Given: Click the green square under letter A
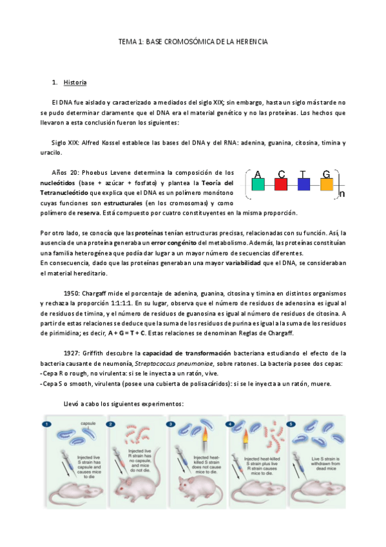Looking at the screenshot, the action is click(258, 184).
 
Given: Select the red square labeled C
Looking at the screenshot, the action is click(280, 184).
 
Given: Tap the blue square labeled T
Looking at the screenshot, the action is click(304, 184).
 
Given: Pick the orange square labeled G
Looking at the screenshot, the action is click(327, 184).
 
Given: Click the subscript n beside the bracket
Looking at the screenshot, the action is click(342, 193).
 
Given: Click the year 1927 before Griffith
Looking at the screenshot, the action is click(72, 353).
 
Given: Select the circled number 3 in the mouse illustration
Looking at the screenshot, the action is click(171, 424).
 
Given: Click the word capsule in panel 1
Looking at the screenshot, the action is click(88, 423).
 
